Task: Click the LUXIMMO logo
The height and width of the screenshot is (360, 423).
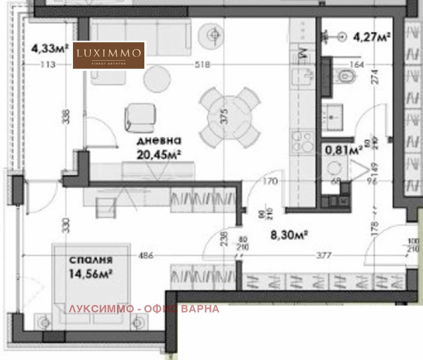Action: tap(109, 55)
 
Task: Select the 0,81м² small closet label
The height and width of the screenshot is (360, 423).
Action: tap(344, 150)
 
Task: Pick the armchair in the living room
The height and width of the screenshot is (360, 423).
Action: tap(141, 116)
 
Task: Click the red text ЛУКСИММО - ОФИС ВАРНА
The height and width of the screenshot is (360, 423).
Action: tap(144, 309)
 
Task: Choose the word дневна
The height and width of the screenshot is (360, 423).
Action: tap(159, 142)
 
